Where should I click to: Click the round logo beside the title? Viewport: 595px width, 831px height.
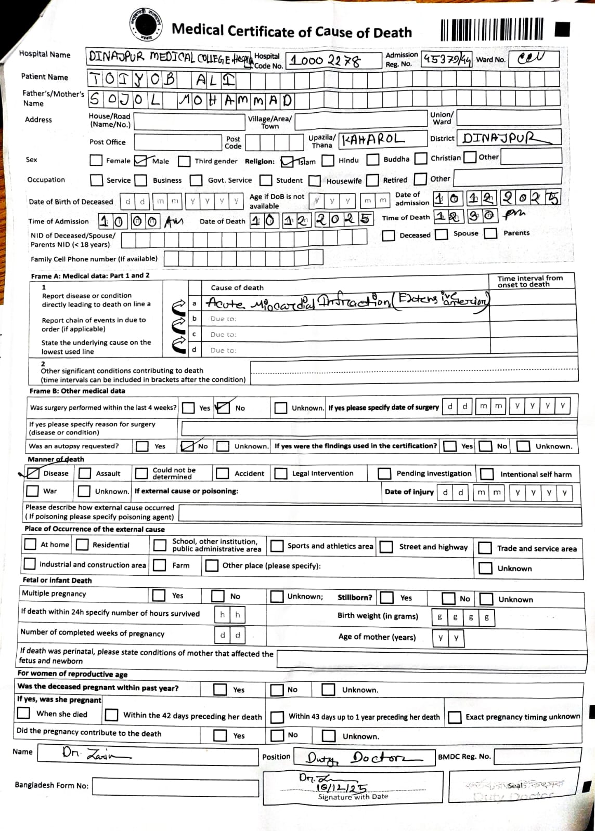tap(146, 24)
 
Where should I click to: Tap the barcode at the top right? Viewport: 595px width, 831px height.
tap(491, 29)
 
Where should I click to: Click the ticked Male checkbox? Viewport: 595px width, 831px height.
tap(140, 161)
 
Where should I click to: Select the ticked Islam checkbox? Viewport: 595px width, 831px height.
tap(287, 162)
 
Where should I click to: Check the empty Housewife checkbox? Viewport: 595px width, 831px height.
tap(315, 180)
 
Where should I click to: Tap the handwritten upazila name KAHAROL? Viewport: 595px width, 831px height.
tap(372, 139)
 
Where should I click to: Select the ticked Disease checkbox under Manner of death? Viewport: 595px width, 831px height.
tap(33, 473)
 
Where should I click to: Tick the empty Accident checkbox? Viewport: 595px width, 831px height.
tap(223, 473)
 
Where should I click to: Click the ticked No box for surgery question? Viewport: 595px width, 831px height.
tap(222, 408)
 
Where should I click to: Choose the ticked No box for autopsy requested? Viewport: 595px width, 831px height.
tap(187, 446)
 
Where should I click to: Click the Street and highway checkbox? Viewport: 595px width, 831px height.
tap(386, 547)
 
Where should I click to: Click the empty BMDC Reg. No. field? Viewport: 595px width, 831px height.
tap(536, 757)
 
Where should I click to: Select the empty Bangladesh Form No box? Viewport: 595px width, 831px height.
tap(175, 786)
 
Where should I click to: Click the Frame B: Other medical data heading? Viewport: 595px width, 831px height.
tap(77, 391)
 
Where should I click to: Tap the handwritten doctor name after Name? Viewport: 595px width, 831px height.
tap(96, 753)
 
